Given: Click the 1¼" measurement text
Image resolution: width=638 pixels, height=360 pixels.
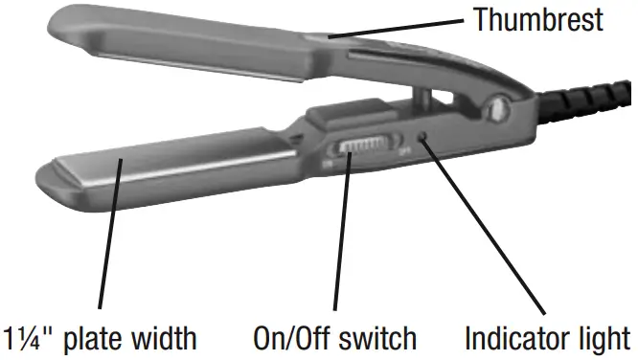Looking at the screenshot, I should coord(36,338).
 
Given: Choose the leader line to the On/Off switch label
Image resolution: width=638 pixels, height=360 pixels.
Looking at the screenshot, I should coord(341,239).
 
